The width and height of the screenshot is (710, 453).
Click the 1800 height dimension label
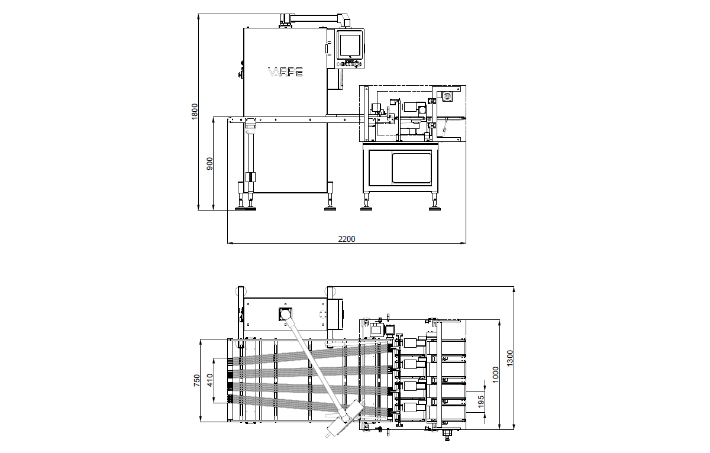point(194,112)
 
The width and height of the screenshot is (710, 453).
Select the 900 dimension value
point(209,163)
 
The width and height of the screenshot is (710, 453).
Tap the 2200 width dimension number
point(347,239)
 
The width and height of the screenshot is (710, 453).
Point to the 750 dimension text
point(197,380)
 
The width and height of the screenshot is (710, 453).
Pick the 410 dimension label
point(210,380)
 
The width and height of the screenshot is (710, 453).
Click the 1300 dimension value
point(509,358)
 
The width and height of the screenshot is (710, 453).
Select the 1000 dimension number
point(495,375)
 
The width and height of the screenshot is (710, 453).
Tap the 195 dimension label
point(481,402)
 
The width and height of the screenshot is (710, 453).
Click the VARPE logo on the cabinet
point(285,72)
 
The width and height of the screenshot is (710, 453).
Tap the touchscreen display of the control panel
point(350,45)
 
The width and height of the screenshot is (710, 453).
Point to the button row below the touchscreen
point(350,64)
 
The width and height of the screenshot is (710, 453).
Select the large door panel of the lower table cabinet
point(412,168)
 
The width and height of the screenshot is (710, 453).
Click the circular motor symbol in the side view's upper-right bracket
point(447,96)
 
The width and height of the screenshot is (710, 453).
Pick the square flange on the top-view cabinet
point(285,314)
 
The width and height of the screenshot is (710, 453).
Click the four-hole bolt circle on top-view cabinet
point(322,314)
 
